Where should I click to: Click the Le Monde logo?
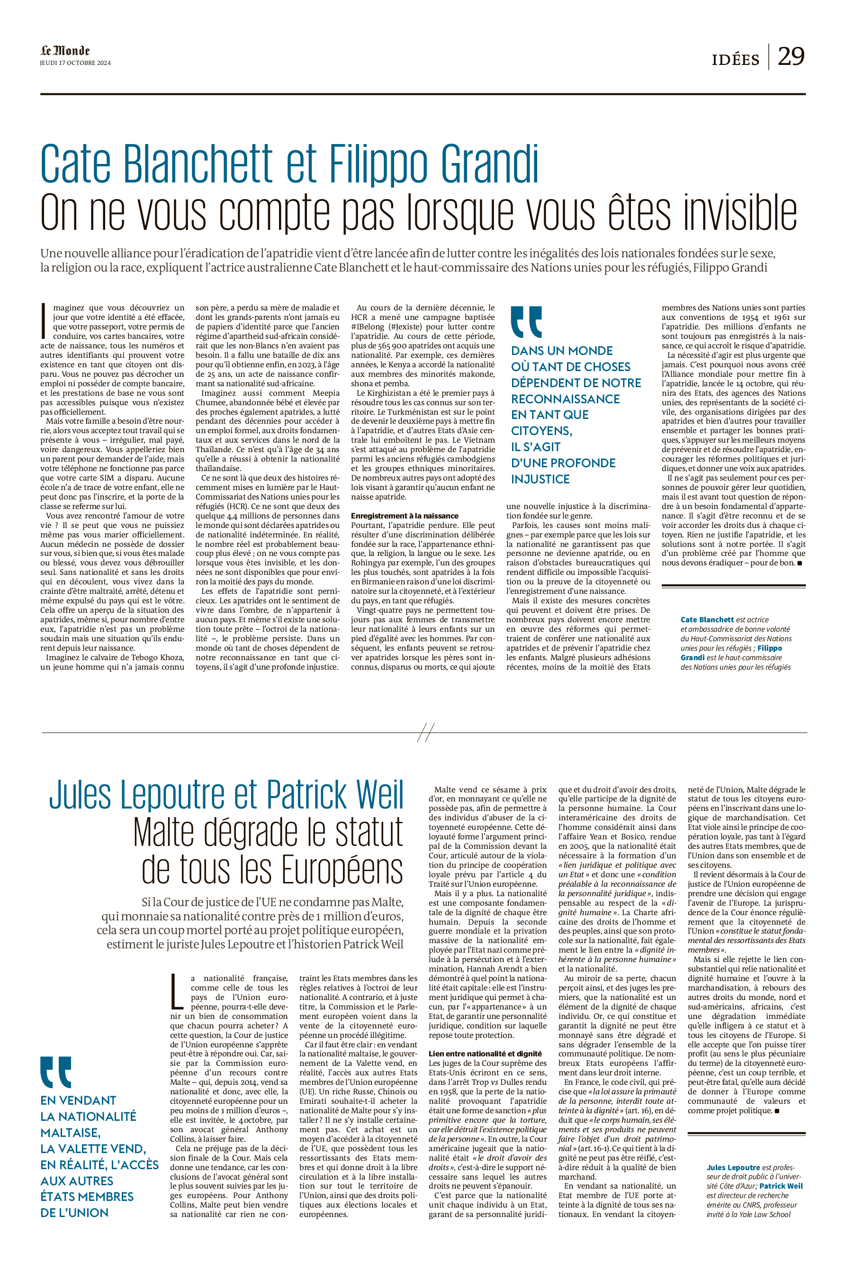(65, 51)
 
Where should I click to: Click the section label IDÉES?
(735, 59)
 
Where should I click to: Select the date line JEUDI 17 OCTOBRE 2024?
(75, 63)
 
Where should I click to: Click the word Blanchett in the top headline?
(198, 164)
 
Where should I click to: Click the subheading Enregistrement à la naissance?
(405, 516)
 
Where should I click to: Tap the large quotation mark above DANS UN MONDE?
(526, 322)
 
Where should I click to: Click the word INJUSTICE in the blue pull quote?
(540, 479)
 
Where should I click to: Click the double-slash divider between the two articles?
(426, 732)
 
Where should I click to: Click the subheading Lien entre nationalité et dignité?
(485, 1054)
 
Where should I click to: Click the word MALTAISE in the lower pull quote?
(70, 1132)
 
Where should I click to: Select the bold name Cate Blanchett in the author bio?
(707, 619)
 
